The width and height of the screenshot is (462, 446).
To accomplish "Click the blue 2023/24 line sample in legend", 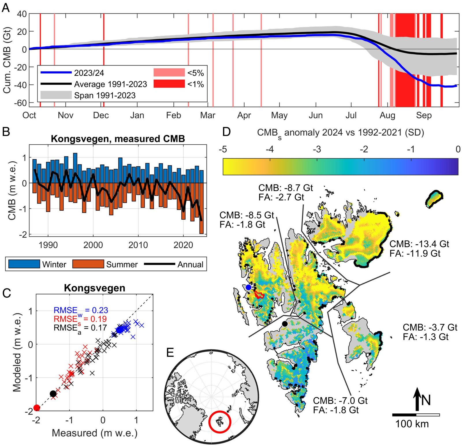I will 56,72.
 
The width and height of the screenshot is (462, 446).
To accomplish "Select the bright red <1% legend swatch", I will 169,84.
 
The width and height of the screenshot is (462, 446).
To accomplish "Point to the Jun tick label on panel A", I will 316,115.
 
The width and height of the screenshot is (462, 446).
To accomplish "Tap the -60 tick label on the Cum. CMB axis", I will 20,103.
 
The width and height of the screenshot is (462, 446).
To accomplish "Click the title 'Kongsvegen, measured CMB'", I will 118,139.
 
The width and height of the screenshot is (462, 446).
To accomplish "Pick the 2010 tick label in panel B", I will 138,245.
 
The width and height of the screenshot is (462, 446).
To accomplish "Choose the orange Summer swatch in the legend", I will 88,264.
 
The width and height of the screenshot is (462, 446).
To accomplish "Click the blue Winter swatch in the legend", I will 24,264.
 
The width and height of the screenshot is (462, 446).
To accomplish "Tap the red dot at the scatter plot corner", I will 37,408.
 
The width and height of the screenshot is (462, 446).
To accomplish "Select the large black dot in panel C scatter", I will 53,394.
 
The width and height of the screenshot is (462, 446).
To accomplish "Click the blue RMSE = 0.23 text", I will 81,310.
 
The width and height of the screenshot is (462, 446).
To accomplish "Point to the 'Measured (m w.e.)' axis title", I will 94,433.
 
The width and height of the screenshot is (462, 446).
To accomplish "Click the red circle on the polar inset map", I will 220,422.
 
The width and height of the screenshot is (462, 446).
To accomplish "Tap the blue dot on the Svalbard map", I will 248,287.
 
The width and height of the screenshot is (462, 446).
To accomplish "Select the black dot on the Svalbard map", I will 285,324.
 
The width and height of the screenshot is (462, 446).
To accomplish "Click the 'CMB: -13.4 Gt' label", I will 419,244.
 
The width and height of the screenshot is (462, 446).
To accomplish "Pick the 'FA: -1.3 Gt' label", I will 426,337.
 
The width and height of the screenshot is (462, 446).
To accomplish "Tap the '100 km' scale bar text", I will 412,424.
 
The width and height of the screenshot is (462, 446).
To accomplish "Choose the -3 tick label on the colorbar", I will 317,149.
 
